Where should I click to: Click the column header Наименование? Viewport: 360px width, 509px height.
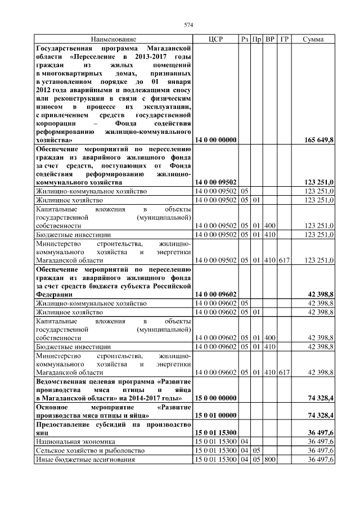point(112,39)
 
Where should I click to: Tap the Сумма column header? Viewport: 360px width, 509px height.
point(312,39)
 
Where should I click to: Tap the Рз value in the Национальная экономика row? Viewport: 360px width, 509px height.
point(244,442)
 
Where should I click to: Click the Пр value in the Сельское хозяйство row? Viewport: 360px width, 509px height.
point(256,451)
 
